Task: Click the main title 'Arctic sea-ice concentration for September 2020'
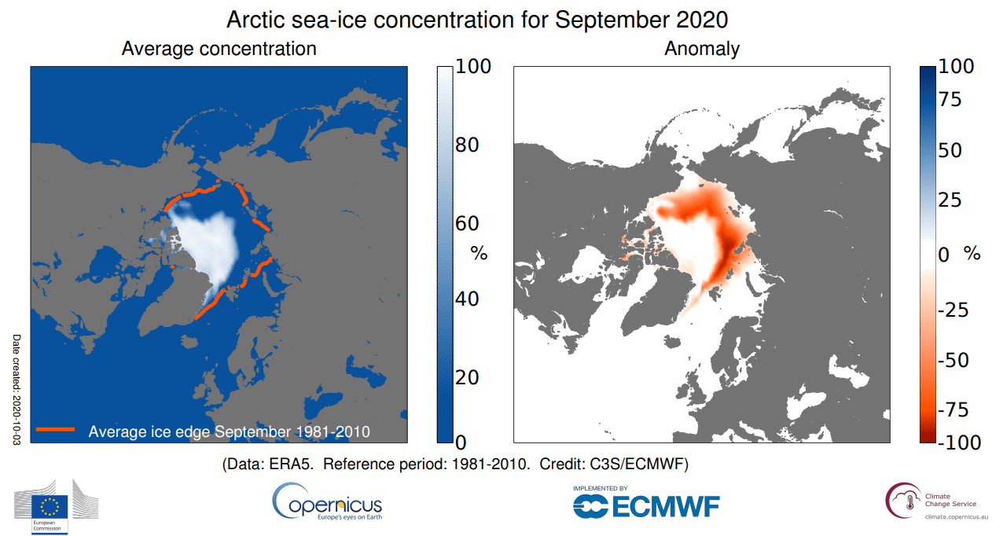pos(477,20)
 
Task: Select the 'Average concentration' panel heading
pos(219,49)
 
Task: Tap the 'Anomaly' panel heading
pos(702,49)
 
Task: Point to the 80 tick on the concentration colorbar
pos(467,145)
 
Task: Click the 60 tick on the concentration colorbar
pos(467,223)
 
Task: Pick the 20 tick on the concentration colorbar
pos(467,377)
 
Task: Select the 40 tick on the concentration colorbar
pos(467,299)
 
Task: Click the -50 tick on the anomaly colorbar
pos(953,360)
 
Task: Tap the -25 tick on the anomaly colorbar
pos(953,310)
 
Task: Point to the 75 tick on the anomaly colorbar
pos(950,99)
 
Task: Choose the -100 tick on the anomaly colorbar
pos(959,442)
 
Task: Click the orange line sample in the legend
pos(55,429)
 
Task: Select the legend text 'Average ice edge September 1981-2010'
pos(230,431)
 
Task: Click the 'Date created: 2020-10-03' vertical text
pos(17,390)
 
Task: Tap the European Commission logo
pos(56,507)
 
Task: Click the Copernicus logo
pos(327,501)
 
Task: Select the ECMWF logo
pos(646,502)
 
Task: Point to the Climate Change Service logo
pos(936,501)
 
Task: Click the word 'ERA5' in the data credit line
pos(290,464)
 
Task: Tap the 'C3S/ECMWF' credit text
pos(636,464)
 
